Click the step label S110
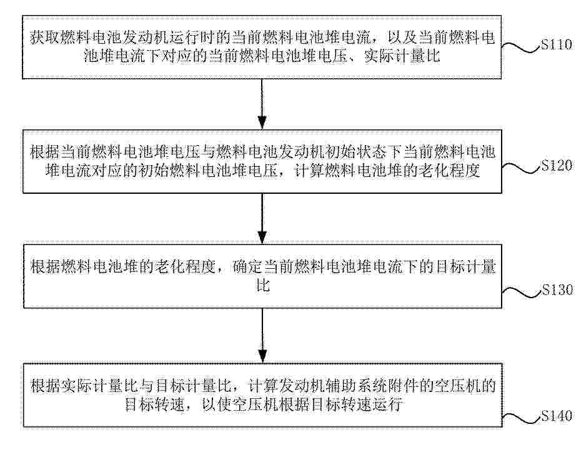coord(557,45)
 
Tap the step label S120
coord(557,165)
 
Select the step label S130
coord(558,289)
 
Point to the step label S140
coord(557,416)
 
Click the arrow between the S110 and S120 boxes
coord(262,104)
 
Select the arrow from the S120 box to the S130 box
coord(262,218)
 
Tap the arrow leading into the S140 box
coord(262,335)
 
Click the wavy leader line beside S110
coord(520,48)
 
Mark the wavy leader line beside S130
coord(522,292)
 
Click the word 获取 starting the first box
coord(45,38)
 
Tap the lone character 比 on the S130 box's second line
coord(263,286)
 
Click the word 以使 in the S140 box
coord(217,404)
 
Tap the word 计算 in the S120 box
coord(309,171)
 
